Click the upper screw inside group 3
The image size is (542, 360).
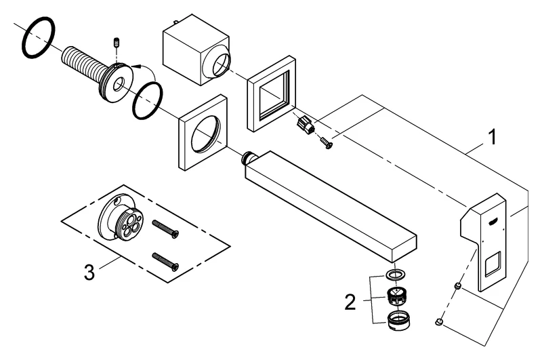coord(166,228)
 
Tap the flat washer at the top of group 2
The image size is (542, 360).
coord(394,275)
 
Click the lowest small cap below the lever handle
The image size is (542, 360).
coord(440,321)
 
